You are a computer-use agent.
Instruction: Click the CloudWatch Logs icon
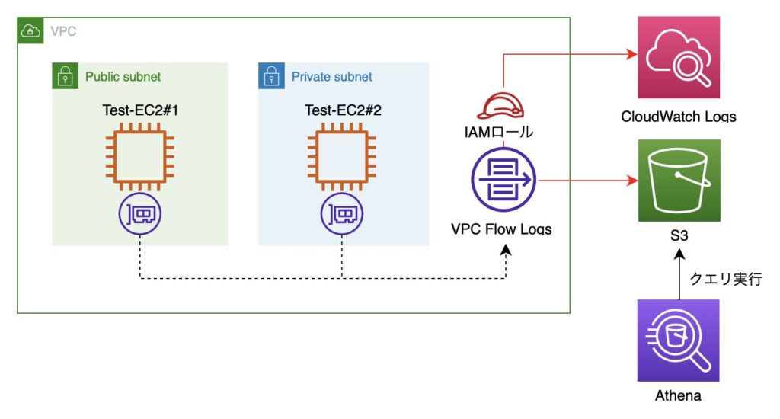(679, 57)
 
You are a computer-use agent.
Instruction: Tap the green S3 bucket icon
(679, 180)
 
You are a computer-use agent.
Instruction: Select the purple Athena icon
(679, 341)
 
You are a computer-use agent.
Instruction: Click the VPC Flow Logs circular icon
(503, 179)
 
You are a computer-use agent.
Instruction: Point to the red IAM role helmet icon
(500, 105)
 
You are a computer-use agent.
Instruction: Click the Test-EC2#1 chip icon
(140, 157)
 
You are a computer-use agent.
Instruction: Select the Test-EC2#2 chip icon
(342, 157)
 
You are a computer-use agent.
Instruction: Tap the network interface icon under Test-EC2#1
(140, 214)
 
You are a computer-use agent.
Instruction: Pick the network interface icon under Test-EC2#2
(342, 214)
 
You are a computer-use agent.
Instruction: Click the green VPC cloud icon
(30, 30)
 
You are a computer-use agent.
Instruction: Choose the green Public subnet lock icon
(66, 75)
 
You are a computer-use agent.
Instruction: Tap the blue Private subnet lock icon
(272, 75)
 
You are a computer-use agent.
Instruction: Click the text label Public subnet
(123, 77)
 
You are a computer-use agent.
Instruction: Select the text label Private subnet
(332, 77)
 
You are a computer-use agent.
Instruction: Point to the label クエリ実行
(726, 279)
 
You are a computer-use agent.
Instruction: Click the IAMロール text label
(498, 132)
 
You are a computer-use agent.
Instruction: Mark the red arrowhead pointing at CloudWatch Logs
(631, 54)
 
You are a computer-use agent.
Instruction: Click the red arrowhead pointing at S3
(632, 180)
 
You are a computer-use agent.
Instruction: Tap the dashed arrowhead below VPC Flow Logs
(506, 250)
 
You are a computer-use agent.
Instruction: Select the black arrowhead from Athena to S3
(679, 254)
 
